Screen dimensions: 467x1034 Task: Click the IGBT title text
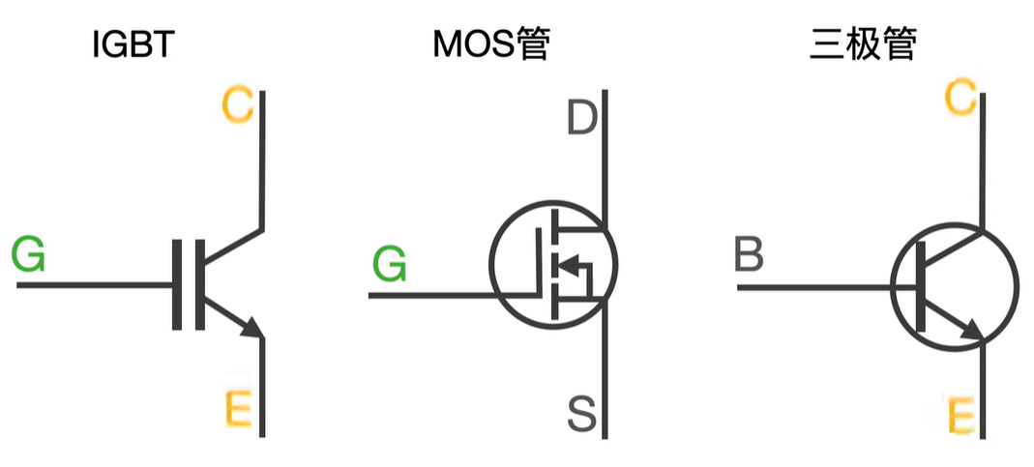pos(133,44)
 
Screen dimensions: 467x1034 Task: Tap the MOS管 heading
pos(490,44)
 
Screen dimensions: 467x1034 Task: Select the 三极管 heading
pos(862,44)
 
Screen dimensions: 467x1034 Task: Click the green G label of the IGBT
pos(28,255)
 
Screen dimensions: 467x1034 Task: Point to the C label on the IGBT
pos(238,105)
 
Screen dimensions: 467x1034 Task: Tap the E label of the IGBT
pos(238,409)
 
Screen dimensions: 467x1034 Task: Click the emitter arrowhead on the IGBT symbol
pos(252,328)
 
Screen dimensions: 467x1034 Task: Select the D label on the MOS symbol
pos(581,119)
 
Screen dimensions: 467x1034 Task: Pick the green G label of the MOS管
pos(390,263)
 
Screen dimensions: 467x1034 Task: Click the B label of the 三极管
pos(750,256)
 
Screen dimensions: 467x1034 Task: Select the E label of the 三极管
pos(960,418)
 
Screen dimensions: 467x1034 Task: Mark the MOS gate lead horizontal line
pos(435,293)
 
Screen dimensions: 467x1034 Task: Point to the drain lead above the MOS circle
pos(605,145)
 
